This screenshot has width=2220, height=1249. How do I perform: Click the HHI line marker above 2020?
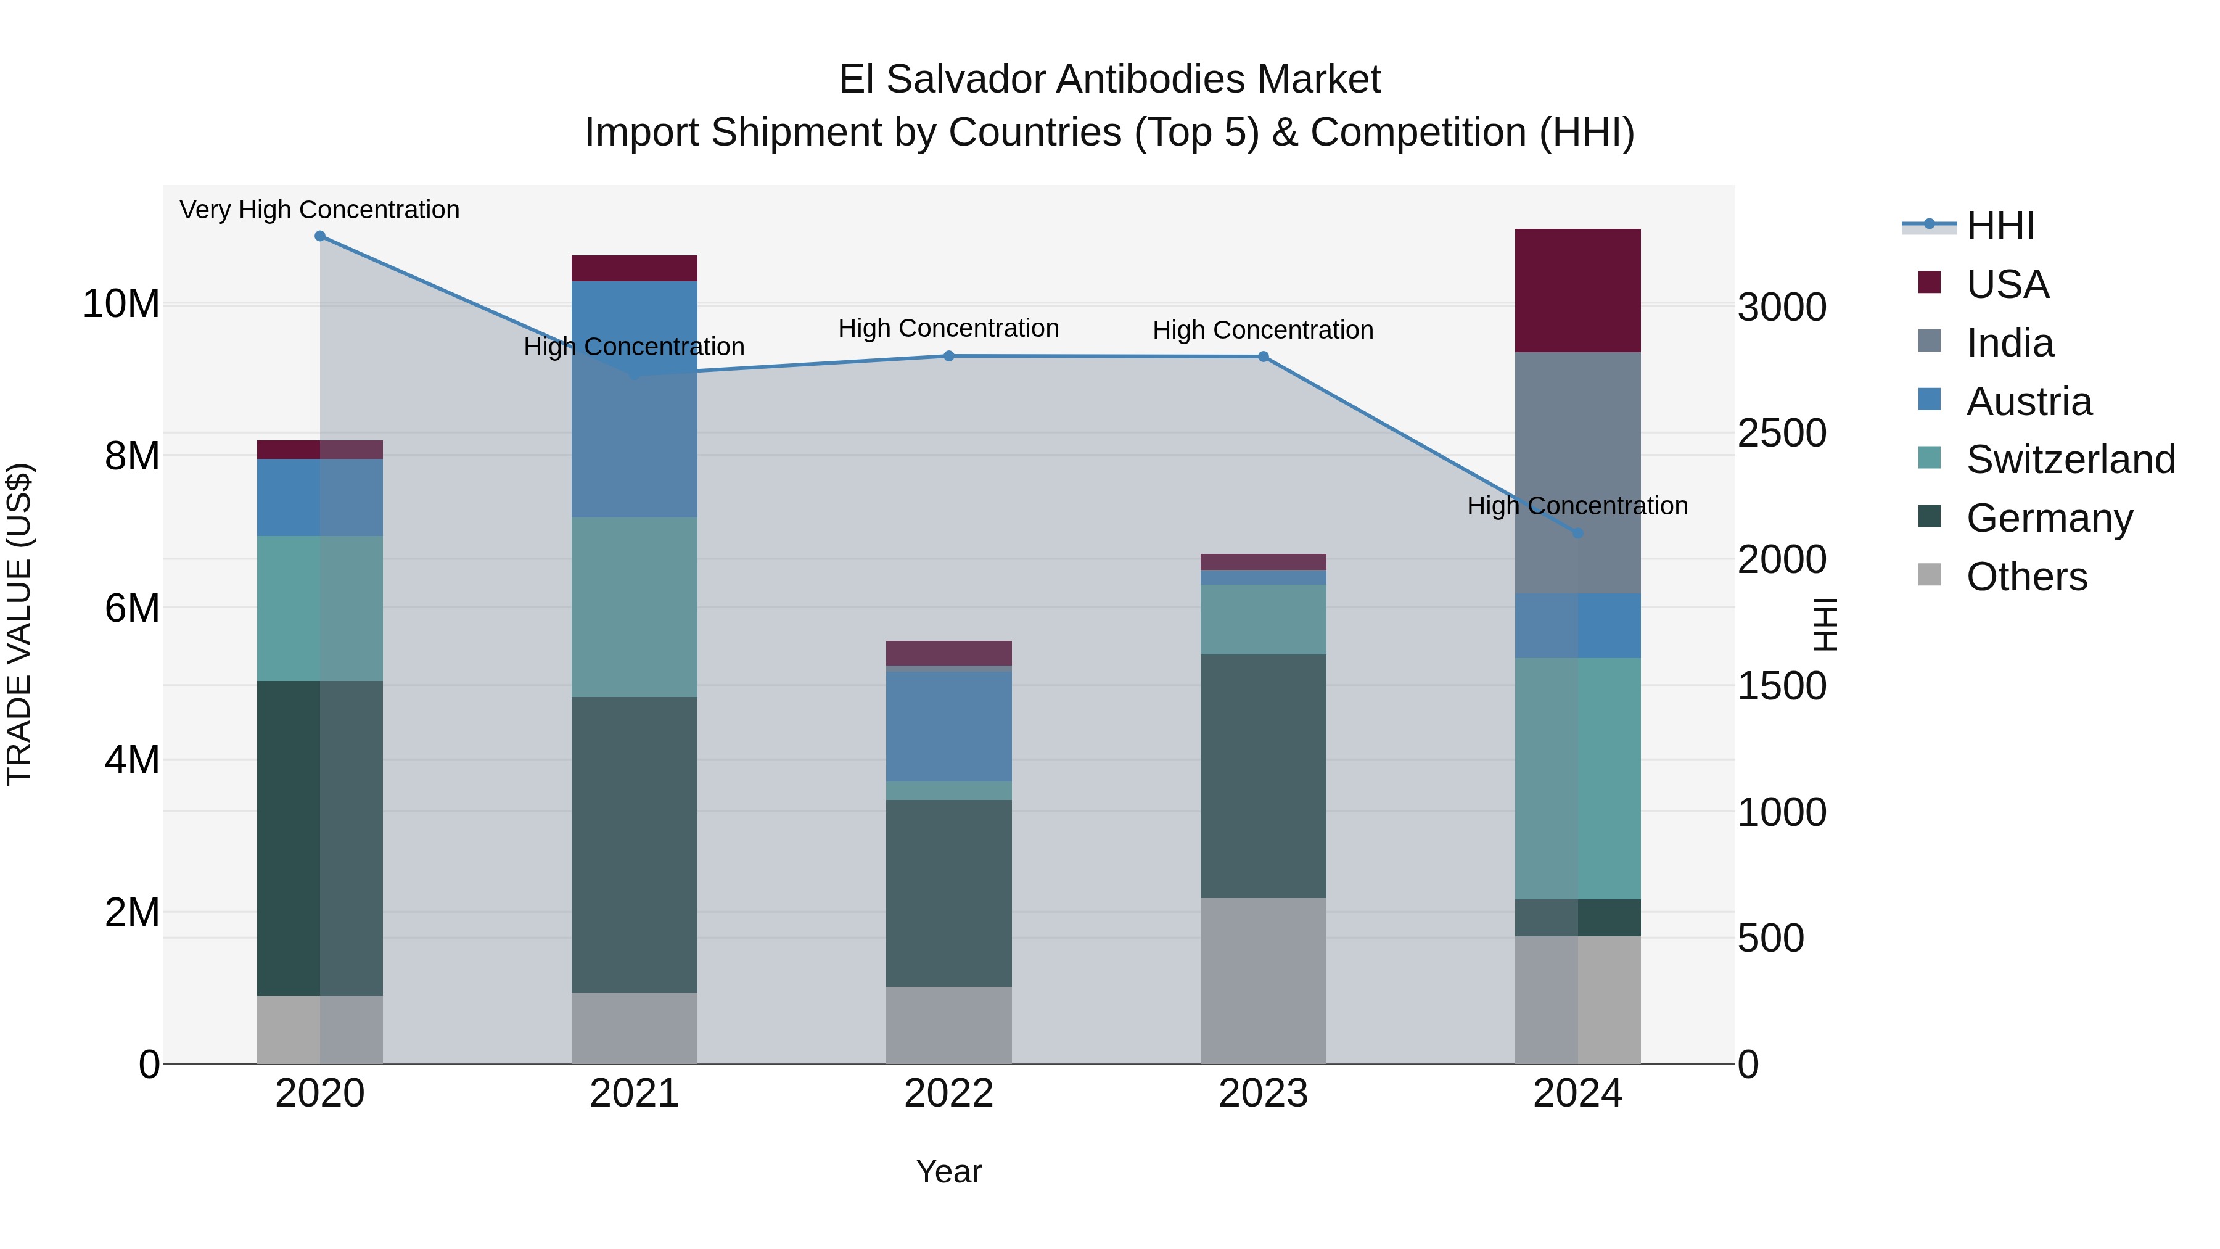(319, 236)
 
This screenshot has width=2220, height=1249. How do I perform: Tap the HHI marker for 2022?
(949, 356)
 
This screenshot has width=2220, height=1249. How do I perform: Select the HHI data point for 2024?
(1578, 534)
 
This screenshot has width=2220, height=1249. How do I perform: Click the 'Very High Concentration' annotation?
(319, 210)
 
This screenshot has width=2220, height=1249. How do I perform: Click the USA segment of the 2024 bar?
(1578, 291)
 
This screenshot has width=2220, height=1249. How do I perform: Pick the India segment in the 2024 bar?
(1578, 472)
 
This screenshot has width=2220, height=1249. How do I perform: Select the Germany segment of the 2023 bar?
(1264, 776)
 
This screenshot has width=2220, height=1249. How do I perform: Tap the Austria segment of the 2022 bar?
(949, 726)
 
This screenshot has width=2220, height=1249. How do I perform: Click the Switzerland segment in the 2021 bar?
(635, 607)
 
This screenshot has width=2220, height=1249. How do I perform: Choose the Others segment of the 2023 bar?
(1264, 981)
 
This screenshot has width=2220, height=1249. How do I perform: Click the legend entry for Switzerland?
(2070, 460)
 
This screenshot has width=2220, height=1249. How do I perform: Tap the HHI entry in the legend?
(1999, 226)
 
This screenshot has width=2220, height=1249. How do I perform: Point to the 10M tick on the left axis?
(121, 304)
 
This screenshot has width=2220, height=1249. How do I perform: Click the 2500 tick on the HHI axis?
(1782, 433)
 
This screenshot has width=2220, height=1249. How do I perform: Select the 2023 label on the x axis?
(1264, 1094)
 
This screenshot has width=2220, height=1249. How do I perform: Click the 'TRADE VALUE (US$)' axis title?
(19, 624)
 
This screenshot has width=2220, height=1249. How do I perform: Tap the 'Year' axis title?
(949, 1171)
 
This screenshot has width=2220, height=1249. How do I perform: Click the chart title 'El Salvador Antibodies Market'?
(1109, 80)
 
